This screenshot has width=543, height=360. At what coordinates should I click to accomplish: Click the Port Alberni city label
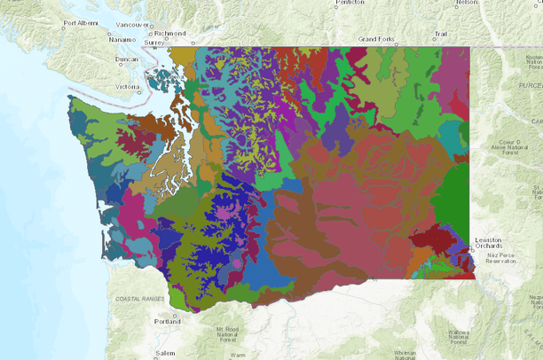(x=83, y=23)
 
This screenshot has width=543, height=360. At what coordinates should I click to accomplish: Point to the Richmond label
(x=169, y=33)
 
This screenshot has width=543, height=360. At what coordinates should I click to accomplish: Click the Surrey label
(x=154, y=42)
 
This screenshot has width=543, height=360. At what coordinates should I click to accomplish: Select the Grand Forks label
(x=374, y=40)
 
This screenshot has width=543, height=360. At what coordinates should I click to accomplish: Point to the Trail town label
(x=439, y=34)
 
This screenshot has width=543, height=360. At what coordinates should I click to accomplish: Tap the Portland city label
(x=167, y=321)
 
